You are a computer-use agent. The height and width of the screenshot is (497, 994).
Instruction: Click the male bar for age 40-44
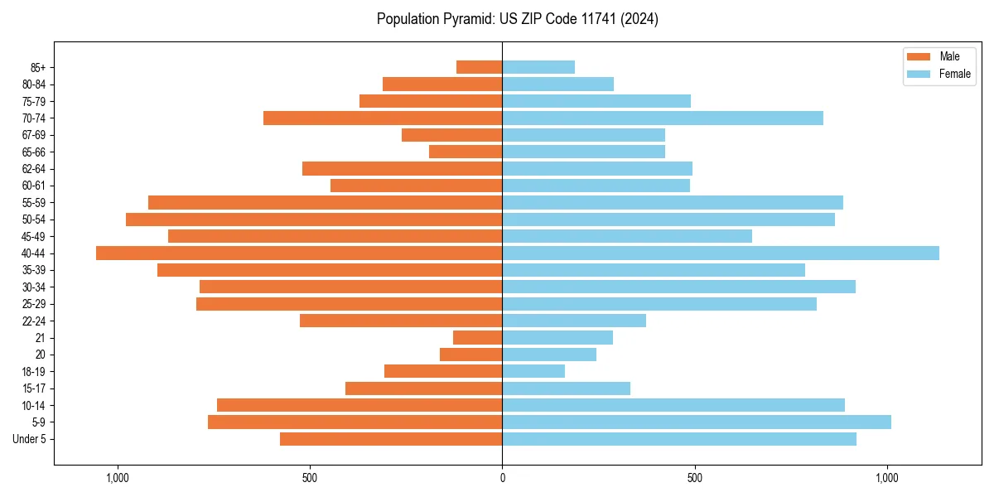tap(299, 253)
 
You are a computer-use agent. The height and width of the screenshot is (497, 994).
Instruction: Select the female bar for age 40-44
tap(721, 253)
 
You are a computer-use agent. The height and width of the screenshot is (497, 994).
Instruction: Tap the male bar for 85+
tap(479, 67)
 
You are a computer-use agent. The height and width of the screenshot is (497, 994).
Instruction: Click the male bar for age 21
tap(477, 338)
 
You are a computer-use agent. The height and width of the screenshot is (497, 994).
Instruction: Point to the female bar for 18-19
tap(533, 371)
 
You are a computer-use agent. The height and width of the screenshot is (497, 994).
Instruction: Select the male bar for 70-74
tap(383, 118)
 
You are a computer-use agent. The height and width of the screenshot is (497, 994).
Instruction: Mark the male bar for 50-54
tap(314, 220)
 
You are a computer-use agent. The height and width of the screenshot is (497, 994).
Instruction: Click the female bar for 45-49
tap(627, 236)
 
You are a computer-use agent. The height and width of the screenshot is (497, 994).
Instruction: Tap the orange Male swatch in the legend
tap(919, 57)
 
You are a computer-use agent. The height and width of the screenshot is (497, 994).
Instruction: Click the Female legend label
tap(955, 74)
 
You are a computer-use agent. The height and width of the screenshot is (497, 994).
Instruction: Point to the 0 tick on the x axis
tap(502, 478)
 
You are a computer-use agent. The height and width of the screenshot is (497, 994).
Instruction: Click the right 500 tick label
tap(695, 478)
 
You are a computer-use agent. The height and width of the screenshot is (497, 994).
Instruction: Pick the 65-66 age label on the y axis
tap(34, 152)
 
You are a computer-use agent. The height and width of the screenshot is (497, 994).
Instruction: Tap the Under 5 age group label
tap(30, 439)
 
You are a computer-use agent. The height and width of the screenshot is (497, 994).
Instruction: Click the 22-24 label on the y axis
tap(34, 321)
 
